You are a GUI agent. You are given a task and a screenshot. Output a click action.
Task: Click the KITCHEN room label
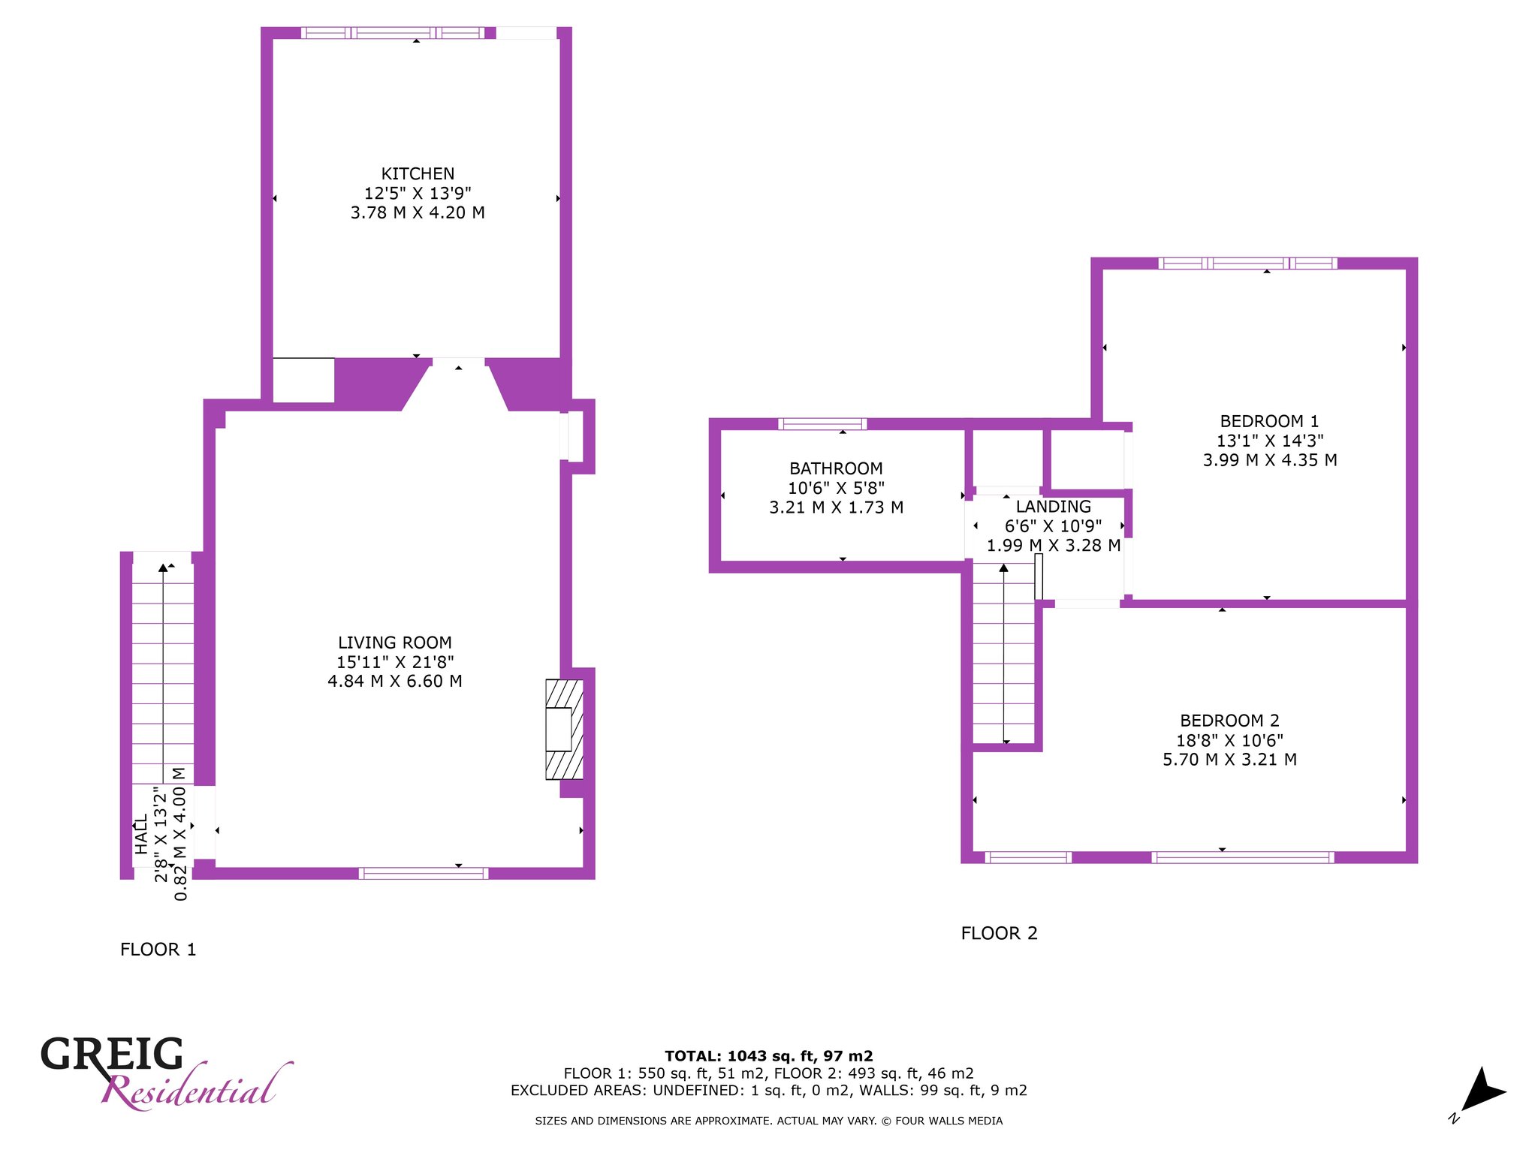coord(418,173)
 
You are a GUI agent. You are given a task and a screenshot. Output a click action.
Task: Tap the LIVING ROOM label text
coord(395,643)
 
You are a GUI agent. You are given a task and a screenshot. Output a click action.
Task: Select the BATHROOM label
coord(836,468)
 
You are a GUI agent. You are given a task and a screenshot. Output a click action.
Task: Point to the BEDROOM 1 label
coord(1269,421)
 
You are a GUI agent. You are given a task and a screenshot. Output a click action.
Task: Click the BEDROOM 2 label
coord(1229,721)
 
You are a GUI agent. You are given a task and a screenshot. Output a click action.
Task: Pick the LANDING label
coord(1054,507)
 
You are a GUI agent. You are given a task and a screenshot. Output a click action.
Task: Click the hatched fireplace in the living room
coord(564,729)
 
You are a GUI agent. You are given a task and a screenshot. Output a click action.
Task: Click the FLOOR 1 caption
coord(158,950)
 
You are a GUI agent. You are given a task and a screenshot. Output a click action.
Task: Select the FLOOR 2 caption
coord(999,933)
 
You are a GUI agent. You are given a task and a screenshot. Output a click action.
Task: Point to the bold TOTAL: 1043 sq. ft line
coord(769,1056)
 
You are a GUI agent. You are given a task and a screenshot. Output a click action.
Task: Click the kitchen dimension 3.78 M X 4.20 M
coord(418,212)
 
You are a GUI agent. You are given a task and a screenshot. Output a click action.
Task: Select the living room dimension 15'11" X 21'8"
coord(395,662)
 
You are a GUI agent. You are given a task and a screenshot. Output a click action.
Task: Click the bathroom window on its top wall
coord(822,424)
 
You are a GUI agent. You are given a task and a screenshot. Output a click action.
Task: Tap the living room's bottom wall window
coord(424,873)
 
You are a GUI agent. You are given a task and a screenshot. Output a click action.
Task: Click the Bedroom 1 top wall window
coord(1248,263)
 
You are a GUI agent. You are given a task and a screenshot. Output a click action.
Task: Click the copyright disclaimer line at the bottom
coord(769,1121)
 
